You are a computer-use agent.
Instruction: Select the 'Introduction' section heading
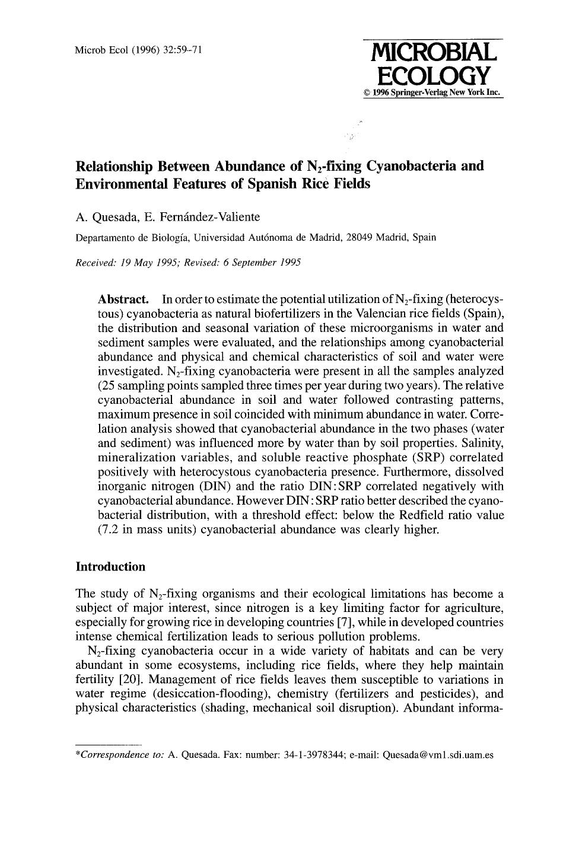(x=110, y=566)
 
